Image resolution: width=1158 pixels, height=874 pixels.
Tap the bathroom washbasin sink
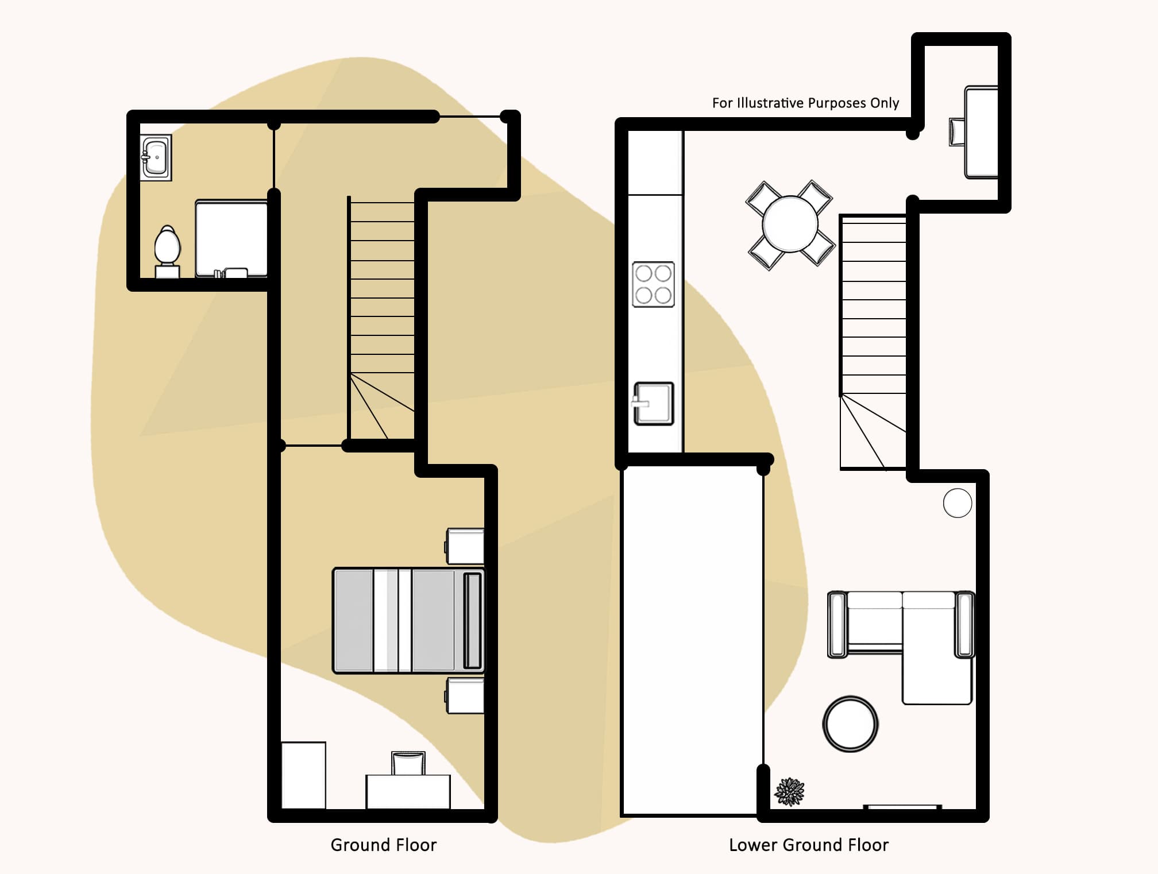click(x=156, y=157)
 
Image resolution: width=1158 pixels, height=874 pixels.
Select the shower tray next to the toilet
click(x=231, y=237)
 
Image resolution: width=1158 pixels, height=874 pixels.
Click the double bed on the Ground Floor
click(x=408, y=620)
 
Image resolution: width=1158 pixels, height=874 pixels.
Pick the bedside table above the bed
click(x=465, y=546)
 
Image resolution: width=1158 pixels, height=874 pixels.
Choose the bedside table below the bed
click(x=465, y=696)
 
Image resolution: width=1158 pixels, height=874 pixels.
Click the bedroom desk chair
click(x=408, y=763)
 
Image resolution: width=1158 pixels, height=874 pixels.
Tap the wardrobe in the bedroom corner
click(x=303, y=775)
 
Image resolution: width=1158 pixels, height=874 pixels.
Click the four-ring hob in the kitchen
click(x=653, y=284)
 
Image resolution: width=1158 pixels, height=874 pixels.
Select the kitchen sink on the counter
click(x=654, y=404)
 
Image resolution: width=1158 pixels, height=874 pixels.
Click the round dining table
click(x=790, y=224)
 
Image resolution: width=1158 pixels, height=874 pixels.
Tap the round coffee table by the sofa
click(x=850, y=724)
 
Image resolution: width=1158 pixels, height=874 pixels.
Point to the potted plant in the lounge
click(x=790, y=792)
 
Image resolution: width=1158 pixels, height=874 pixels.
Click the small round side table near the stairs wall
click(x=957, y=503)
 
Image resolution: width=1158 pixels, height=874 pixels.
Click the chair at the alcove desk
click(x=957, y=132)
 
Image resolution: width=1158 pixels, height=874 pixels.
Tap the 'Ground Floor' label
click(x=383, y=845)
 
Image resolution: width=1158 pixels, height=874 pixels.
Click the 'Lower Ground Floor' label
click(x=808, y=845)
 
